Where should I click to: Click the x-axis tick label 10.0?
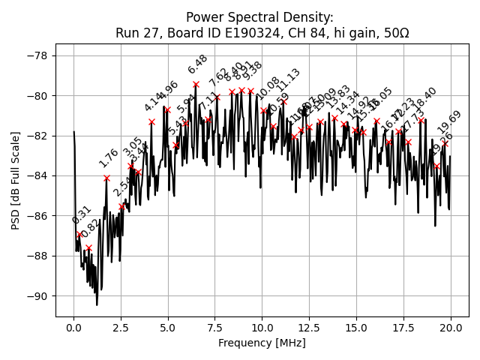click(x=262, y=328)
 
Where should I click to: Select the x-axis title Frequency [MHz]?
click(x=262, y=343)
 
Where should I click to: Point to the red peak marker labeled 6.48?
click(x=196, y=84)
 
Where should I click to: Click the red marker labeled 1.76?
click(x=106, y=178)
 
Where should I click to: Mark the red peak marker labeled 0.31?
click(x=79, y=234)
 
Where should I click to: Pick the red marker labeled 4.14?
click(x=151, y=121)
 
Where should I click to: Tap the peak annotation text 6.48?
click(x=198, y=64)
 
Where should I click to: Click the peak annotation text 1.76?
click(x=109, y=158)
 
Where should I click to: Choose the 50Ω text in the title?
click(x=394, y=33)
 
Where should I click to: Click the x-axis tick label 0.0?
click(x=73, y=328)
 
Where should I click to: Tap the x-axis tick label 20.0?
click(x=450, y=328)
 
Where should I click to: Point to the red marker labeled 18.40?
click(x=421, y=120)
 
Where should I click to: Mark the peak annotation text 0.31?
click(x=81, y=215)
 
